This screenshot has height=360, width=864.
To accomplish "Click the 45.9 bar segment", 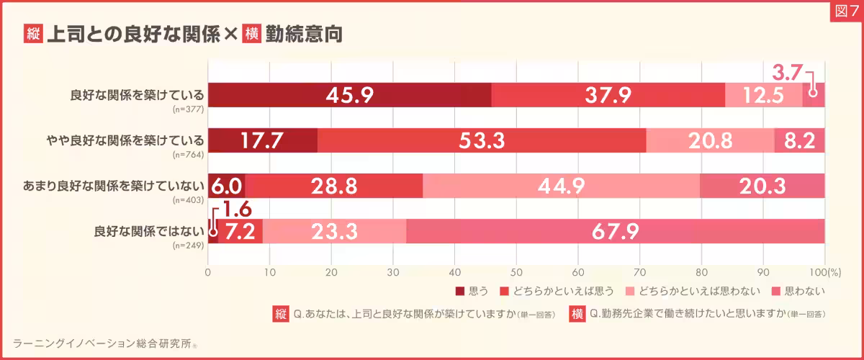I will (x=349, y=95).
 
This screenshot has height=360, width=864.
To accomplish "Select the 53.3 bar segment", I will (x=482, y=140).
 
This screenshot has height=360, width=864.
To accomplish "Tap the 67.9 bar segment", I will (x=616, y=231).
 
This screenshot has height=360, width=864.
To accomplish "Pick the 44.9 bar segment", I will (x=562, y=186).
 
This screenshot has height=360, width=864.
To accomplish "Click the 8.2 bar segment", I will (x=799, y=140).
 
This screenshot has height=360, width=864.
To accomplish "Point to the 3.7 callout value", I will (x=786, y=72).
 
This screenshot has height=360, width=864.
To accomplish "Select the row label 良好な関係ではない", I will (x=149, y=231).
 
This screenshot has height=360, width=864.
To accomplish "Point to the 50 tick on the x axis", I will (x=516, y=273).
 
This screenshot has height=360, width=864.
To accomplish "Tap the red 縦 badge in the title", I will (x=32, y=33).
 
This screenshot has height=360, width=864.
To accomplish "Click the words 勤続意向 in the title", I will (x=303, y=33).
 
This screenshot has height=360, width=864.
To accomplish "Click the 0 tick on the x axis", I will (x=208, y=273).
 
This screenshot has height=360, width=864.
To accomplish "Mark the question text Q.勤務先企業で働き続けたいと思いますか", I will (x=688, y=314).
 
